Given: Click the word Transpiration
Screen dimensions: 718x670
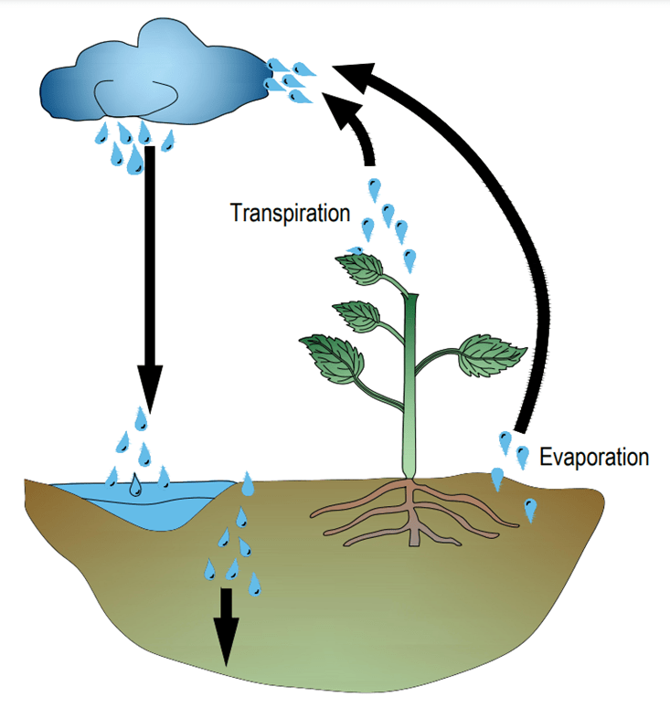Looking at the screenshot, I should pyautogui.click(x=290, y=214).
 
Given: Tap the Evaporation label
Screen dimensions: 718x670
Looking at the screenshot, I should pyautogui.click(x=593, y=457).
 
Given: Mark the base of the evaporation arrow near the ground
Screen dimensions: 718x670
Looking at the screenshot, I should pyautogui.click(x=522, y=422).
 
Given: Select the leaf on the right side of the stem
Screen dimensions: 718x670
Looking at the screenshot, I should pyautogui.click(x=491, y=355).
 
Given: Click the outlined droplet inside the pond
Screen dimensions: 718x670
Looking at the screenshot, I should pyautogui.click(x=135, y=486).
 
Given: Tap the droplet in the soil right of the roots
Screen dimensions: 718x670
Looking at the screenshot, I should pyautogui.click(x=531, y=509).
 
